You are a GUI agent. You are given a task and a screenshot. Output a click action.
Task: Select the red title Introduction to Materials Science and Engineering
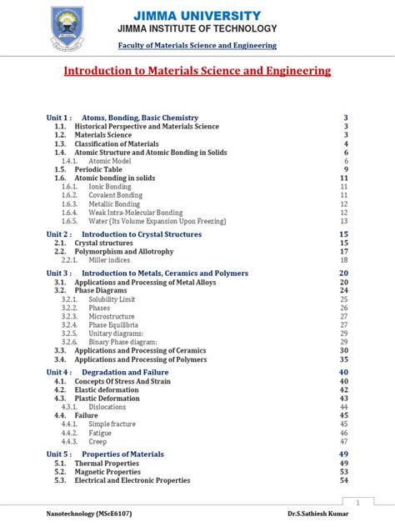pyautogui.click(x=197, y=72)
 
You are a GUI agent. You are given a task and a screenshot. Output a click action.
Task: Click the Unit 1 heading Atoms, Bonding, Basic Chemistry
pyautogui.click(x=140, y=118)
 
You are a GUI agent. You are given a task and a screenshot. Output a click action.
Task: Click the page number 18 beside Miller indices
pyautogui.click(x=343, y=260)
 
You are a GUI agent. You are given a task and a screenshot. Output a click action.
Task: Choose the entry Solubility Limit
pyautogui.click(x=117, y=299)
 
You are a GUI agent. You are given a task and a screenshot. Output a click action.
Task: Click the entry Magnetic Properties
pyautogui.click(x=107, y=471)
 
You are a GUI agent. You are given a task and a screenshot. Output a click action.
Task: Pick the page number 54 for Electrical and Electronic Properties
pyautogui.click(x=343, y=480)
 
